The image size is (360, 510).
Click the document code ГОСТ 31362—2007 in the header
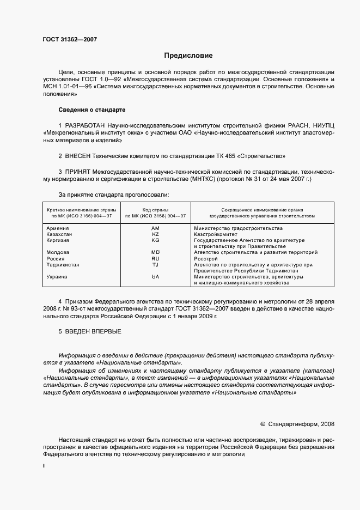click(x=70, y=39)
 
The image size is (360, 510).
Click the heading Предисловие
click(x=188, y=56)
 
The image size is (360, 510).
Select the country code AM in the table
click(x=155, y=228)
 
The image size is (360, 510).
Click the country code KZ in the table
click(x=155, y=234)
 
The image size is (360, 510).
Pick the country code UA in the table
click(x=155, y=277)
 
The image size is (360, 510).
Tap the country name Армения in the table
click(x=58, y=228)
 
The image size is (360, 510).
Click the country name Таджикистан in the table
click(x=63, y=264)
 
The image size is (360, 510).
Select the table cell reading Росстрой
click(x=206, y=258)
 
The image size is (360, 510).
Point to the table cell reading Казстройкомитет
click(x=215, y=234)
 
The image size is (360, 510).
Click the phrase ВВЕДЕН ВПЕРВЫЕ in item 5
click(x=93, y=331)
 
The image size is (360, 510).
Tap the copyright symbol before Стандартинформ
click(x=263, y=423)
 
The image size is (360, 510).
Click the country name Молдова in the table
click(x=58, y=252)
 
